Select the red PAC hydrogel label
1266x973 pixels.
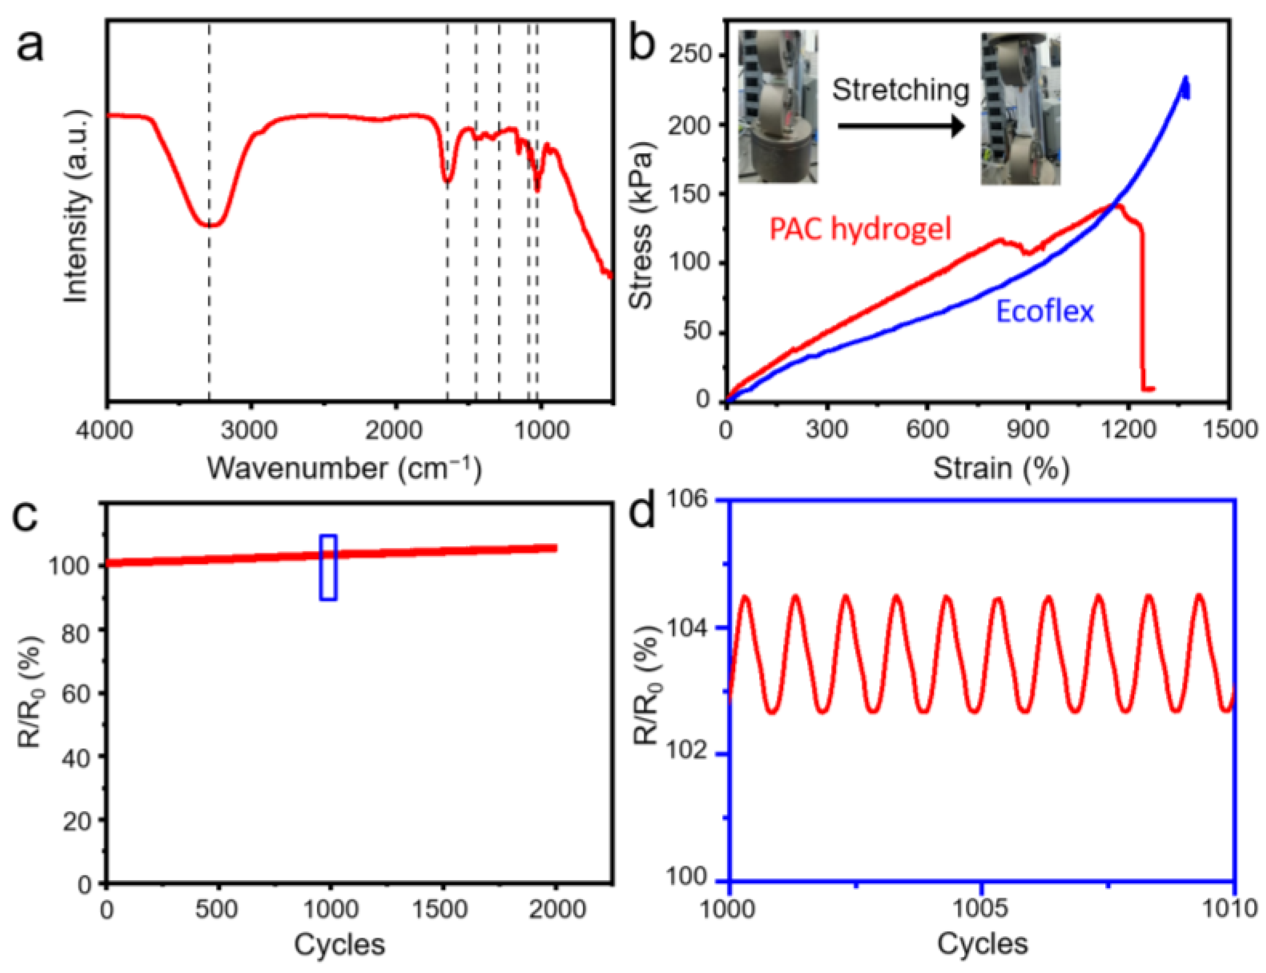pos(860,228)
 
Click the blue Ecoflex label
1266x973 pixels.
pos(1045,311)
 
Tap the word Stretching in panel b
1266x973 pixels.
pos(901,91)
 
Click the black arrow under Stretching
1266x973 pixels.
pos(901,126)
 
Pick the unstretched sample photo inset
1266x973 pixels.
pos(778,107)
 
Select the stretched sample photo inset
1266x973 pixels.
pos(1020,109)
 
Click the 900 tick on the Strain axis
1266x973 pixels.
pos(1027,429)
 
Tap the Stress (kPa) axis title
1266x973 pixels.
pos(641,226)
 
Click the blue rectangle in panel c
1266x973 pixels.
pos(328,567)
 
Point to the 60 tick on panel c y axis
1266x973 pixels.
pos(76,693)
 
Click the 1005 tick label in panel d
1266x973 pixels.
pos(980,908)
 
